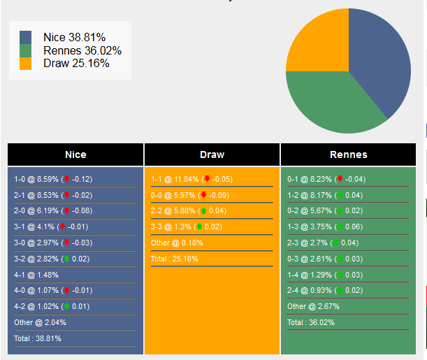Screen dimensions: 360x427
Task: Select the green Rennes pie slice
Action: click(x=328, y=101)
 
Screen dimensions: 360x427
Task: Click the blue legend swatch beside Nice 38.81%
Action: click(x=26, y=38)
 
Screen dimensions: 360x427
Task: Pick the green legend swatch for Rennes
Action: click(x=26, y=50)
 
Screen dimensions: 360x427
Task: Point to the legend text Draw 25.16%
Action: click(x=76, y=64)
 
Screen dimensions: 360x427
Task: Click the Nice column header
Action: click(x=75, y=154)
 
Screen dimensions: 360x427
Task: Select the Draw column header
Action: click(x=212, y=154)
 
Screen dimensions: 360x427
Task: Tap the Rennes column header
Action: click(x=348, y=154)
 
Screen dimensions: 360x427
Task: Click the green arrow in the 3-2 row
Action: click(x=66, y=259)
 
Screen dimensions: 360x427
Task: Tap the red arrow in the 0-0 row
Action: click(x=203, y=195)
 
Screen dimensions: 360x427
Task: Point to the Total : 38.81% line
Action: click(x=38, y=338)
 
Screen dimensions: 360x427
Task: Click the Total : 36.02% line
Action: click(x=311, y=322)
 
